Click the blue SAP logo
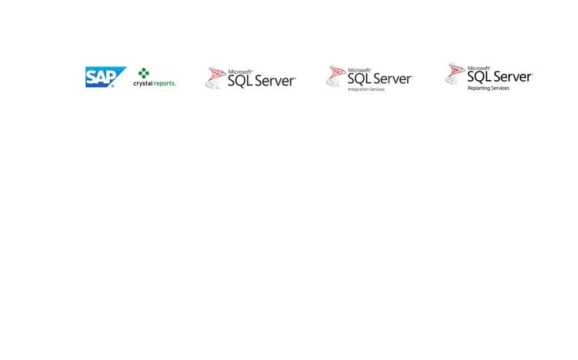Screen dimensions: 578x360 [x=106, y=77]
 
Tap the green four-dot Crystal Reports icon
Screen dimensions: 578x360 [x=143, y=73]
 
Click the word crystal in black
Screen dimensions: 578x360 [x=143, y=84]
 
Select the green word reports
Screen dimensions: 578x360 [x=165, y=84]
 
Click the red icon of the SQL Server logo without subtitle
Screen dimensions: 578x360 [x=215, y=77]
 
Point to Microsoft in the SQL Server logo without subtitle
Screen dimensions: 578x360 [x=241, y=72]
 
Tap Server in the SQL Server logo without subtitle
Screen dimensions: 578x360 [x=275, y=81]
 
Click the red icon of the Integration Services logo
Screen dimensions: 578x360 [x=336, y=76]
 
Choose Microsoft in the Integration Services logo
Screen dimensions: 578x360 [x=359, y=70]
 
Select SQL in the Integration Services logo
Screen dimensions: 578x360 [x=360, y=79]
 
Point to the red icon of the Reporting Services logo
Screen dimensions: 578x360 [x=455, y=74]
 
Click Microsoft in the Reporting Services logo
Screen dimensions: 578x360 [x=479, y=68]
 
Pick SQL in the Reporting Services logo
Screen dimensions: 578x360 [x=480, y=77]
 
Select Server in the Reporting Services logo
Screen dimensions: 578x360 [x=513, y=77]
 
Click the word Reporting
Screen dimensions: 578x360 [x=478, y=88]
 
